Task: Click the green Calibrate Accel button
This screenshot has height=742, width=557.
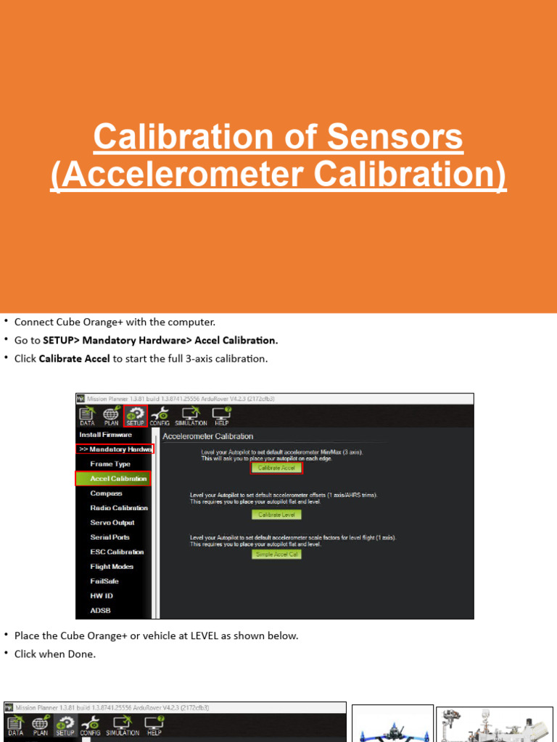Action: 276,468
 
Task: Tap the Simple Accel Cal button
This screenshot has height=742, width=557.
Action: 276,554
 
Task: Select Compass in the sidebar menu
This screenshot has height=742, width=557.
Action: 106,493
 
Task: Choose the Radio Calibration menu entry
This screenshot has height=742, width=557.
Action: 118,508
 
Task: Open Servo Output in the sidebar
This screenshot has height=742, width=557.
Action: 112,522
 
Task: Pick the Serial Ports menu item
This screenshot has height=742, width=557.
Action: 110,537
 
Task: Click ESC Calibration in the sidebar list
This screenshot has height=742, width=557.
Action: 116,551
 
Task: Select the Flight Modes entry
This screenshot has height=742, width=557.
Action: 112,567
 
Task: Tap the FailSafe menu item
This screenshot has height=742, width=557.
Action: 104,581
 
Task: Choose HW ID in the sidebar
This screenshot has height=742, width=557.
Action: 101,596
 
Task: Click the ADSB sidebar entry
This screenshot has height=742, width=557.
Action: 100,610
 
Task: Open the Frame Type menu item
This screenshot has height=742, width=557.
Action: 110,464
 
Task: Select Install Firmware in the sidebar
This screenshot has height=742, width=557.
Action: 105,435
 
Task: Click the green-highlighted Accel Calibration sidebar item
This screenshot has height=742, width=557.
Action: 113,478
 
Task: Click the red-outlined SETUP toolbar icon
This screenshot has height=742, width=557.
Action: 135,415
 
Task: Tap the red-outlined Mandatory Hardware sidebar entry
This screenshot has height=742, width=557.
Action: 115,449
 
